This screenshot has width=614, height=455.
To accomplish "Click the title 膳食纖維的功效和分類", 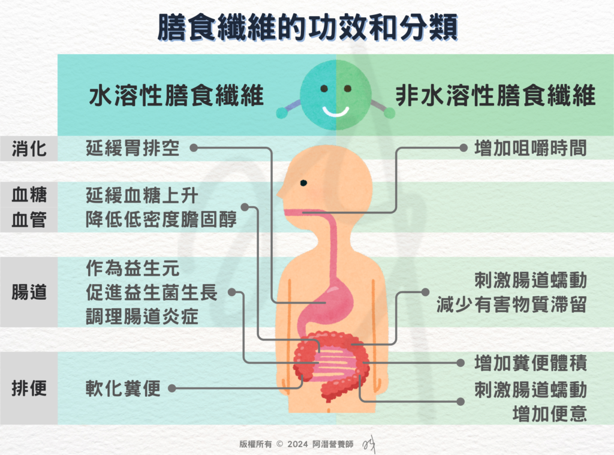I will pyautogui.click(x=307, y=28).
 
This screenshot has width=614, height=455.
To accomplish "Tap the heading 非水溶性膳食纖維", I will pyautogui.click(x=495, y=96).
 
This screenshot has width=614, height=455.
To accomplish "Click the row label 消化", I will pyautogui.click(x=29, y=148).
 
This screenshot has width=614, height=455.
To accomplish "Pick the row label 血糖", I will pyautogui.click(x=29, y=195).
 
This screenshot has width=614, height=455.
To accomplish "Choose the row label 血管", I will pyautogui.click(x=29, y=221).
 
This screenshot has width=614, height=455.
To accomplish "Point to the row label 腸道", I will pyautogui.click(x=29, y=293).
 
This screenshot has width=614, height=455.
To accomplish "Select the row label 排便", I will pyautogui.click(x=29, y=388).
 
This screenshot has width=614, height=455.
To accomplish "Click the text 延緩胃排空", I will pyautogui.click(x=133, y=147).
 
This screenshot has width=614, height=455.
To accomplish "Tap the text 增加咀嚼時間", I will pyautogui.click(x=530, y=147).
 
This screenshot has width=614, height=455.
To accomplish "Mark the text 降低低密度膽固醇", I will pyautogui.click(x=161, y=220).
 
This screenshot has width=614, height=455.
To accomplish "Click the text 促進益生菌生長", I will pyautogui.click(x=152, y=293).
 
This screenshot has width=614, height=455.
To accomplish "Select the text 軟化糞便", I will pyautogui.click(x=123, y=388).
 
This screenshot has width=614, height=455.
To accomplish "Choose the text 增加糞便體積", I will pyautogui.click(x=530, y=363).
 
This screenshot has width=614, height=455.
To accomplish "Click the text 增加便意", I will pyautogui.click(x=549, y=413).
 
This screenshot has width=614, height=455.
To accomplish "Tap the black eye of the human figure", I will pyautogui.click(x=304, y=183).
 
